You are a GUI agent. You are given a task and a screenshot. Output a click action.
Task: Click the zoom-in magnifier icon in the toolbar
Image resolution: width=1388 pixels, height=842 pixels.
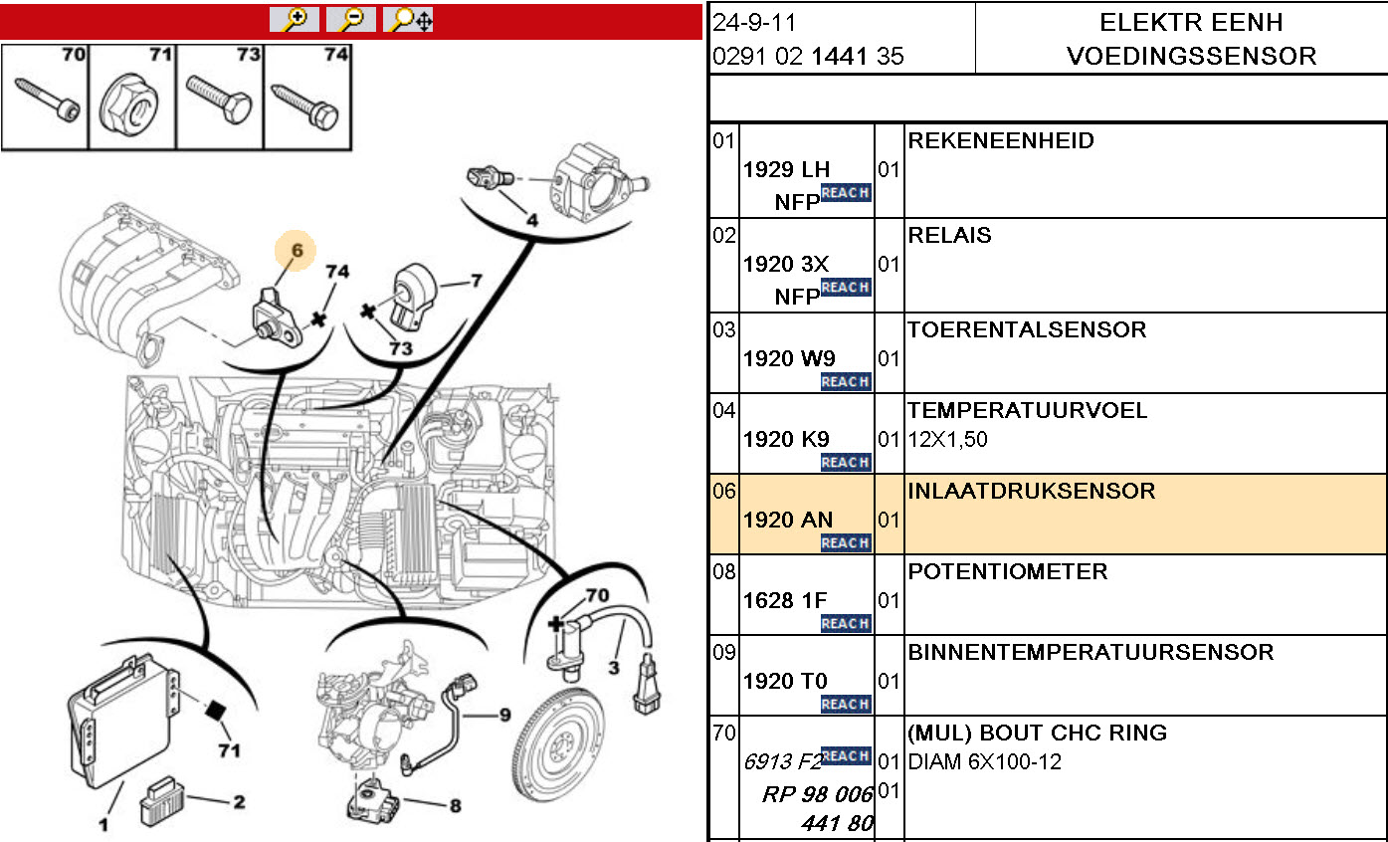point(295,20)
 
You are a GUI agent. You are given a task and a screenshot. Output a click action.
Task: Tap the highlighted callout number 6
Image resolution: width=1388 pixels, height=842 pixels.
point(297,251)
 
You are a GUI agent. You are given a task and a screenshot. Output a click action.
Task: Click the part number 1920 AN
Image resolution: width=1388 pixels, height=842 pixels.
point(788,520)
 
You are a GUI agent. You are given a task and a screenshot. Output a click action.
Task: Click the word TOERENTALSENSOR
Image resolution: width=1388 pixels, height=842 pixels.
point(1027,330)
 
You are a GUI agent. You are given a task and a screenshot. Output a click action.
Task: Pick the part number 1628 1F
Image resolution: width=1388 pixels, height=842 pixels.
point(785,600)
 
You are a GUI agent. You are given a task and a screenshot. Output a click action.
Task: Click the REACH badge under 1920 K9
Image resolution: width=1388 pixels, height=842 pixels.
point(846,463)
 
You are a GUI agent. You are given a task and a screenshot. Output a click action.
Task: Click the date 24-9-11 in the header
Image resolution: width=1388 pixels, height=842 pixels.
point(755,23)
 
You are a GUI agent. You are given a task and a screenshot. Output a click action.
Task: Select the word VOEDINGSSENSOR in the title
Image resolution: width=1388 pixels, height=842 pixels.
point(1191,57)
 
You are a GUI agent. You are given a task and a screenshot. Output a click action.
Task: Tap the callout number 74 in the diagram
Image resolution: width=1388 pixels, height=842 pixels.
point(338,272)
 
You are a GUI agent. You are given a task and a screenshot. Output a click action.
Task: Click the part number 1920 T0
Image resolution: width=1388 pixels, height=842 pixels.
point(785,681)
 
